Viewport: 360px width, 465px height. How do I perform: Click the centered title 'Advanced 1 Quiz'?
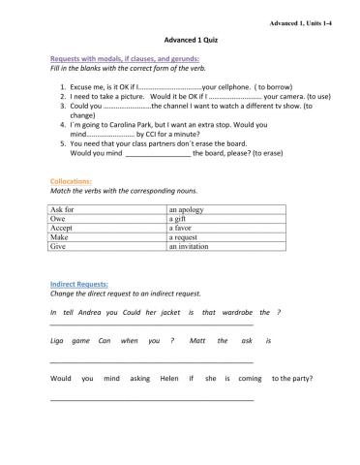click(x=179, y=43)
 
